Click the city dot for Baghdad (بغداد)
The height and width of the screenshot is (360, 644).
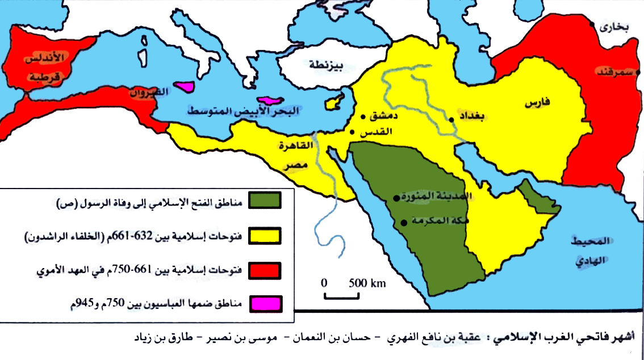[451, 120]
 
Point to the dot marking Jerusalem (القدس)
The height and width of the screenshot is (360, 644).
[352, 132]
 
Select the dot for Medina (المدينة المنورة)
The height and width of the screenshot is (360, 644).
[396, 199]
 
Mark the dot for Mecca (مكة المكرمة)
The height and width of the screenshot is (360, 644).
[403, 223]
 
